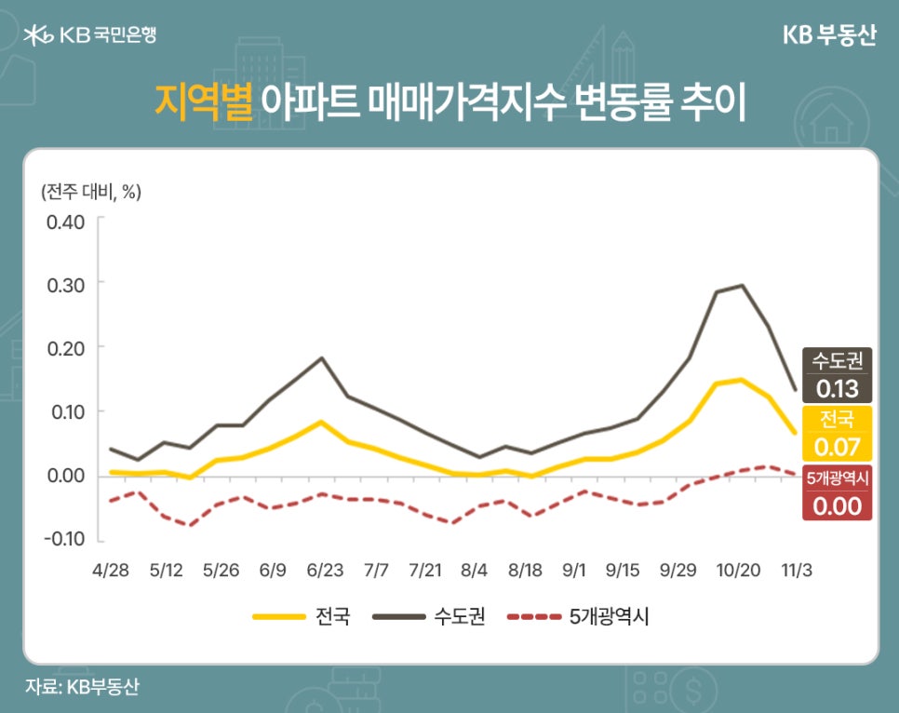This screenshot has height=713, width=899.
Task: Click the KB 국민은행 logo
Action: coord(90,35)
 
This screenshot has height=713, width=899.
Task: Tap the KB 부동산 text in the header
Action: coord(828,35)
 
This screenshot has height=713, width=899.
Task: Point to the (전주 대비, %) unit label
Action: coord(90,192)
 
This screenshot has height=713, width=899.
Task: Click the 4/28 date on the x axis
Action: coord(111,568)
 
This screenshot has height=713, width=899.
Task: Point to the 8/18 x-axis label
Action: coord(526,568)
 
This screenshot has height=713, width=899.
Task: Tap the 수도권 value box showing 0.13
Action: coord(837,374)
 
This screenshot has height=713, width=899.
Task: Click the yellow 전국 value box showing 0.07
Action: coord(837,434)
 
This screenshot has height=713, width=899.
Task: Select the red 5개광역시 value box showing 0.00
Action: coord(837,494)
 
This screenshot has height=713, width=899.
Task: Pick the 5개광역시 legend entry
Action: coord(577,616)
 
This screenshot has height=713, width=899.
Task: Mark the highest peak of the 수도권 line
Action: coord(742,285)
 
